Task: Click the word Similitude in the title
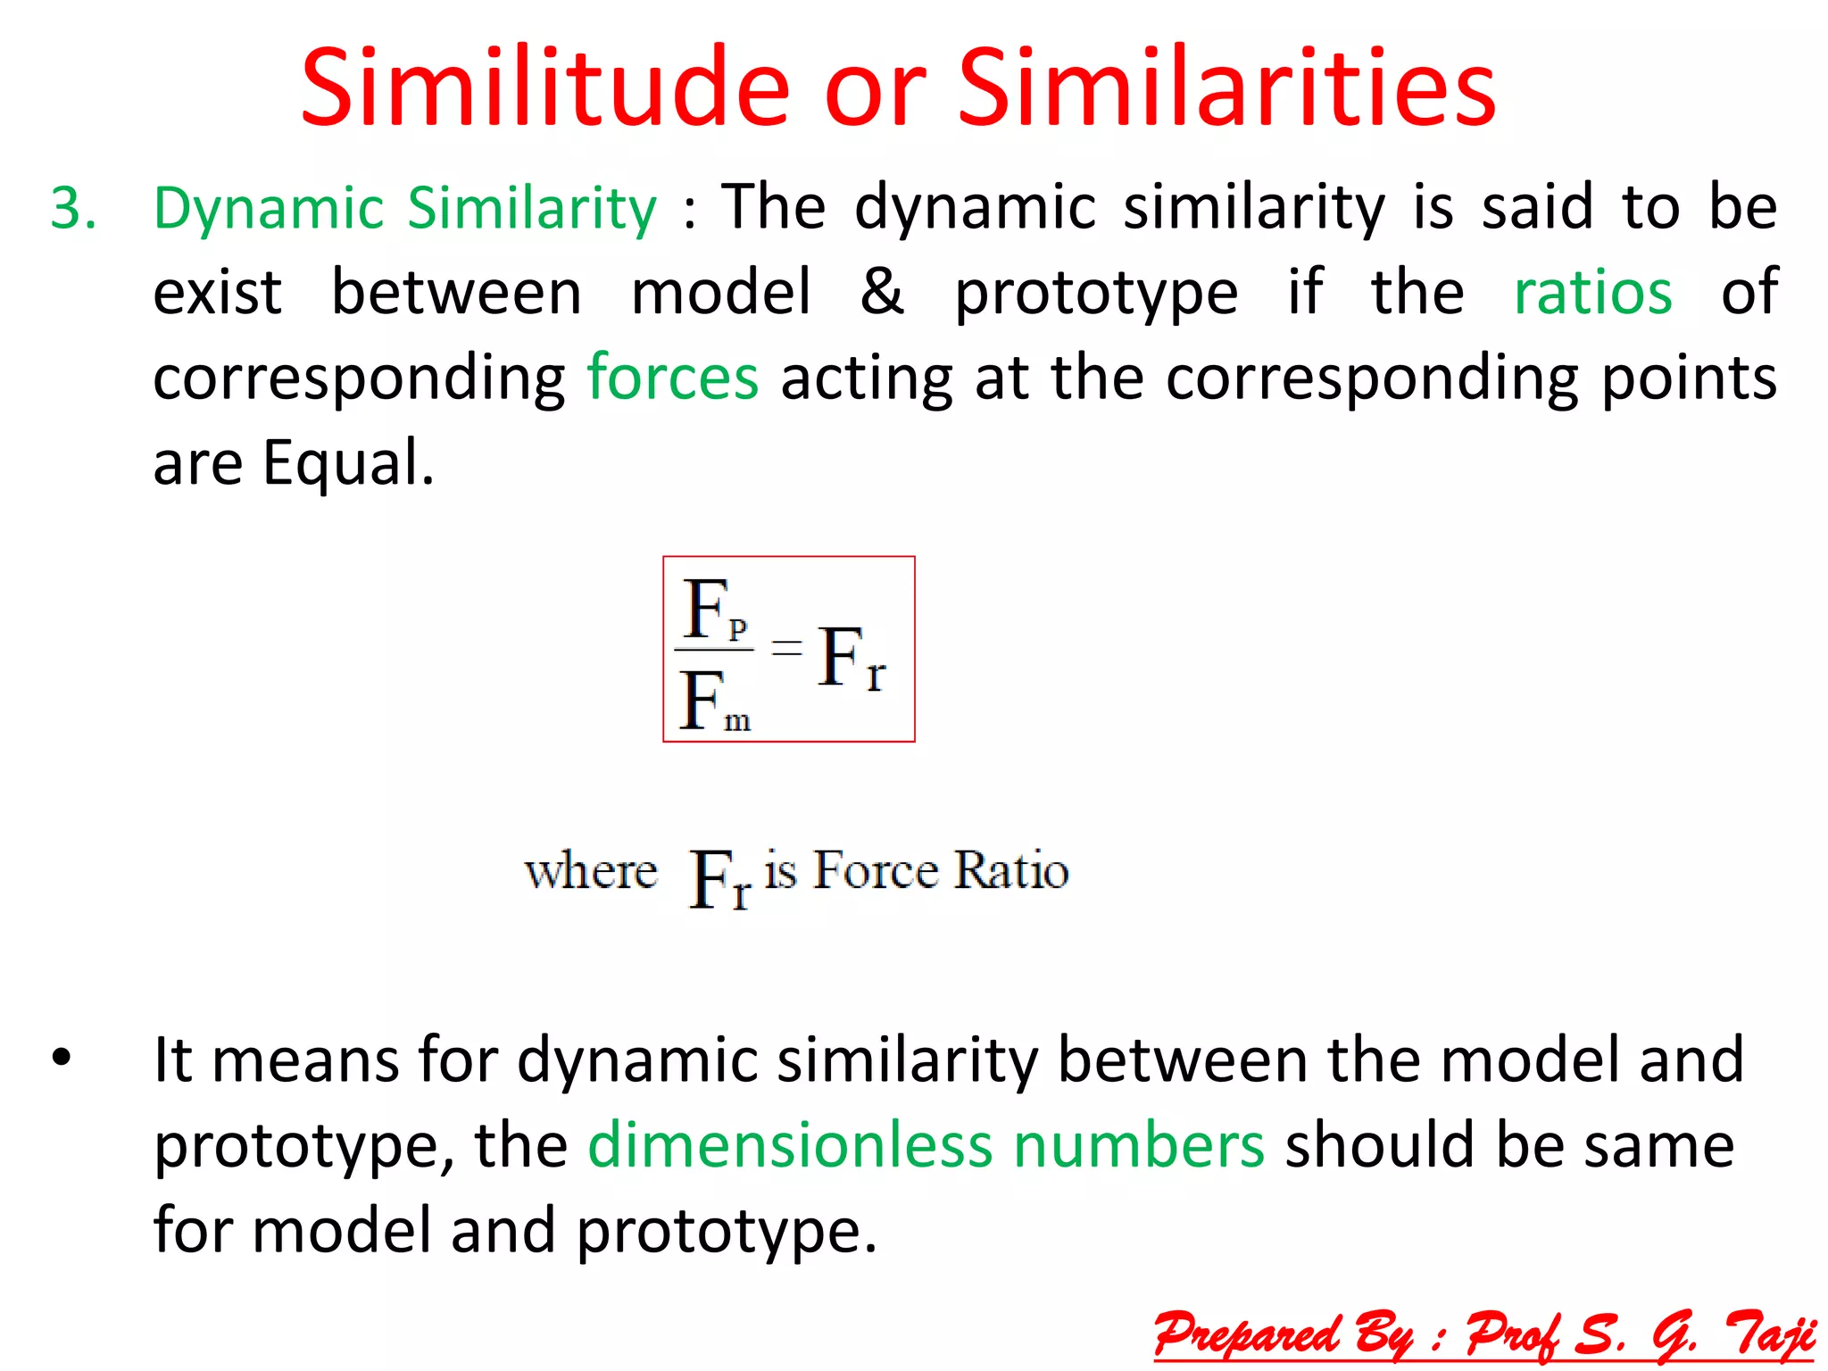tap(545, 89)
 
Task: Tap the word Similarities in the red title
tap(1226, 89)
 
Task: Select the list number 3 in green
tap(72, 209)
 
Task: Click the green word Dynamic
tap(269, 209)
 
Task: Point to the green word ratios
tap(1592, 293)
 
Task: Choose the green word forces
tap(673, 378)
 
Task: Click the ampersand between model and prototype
tap(882, 293)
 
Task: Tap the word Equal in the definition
tap(347, 463)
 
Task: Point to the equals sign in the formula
tap(786, 646)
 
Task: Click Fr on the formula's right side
tap(851, 659)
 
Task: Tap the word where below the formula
tap(590, 871)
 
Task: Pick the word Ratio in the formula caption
tap(1010, 870)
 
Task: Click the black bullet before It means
tap(61, 1059)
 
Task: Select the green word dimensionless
tap(789, 1145)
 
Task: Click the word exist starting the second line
tap(217, 293)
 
